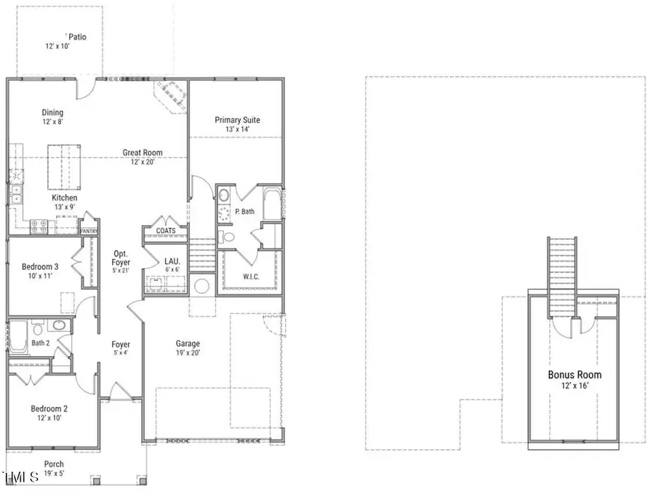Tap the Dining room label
point(52,113)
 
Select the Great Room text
point(142,153)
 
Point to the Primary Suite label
point(236,120)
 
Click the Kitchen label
point(64,198)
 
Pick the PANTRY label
point(89,230)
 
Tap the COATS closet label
point(166,231)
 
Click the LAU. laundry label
point(172,260)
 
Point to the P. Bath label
point(245,212)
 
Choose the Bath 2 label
point(40,343)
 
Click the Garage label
point(188,344)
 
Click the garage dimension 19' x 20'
point(188,353)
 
